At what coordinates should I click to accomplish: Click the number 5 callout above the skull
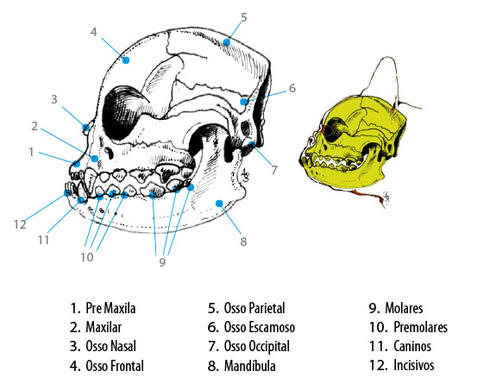coord(243,17)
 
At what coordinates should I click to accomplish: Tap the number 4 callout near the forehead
coord(93,32)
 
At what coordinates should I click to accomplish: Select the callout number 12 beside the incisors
coord(20,224)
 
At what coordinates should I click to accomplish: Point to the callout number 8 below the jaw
coord(243,242)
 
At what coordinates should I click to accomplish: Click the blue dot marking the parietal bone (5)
coord(227,42)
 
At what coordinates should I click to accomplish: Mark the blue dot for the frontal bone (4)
coord(126,60)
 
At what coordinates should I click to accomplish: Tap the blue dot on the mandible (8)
coord(219,204)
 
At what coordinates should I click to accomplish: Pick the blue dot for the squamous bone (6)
coord(243,102)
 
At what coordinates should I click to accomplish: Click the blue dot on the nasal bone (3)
coord(86,128)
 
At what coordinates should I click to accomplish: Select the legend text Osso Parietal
coord(254,308)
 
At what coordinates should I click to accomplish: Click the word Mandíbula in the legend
coord(249,366)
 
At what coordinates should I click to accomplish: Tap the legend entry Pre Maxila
coord(110,308)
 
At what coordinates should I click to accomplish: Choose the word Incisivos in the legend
coord(414,365)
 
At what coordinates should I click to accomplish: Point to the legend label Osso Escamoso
coord(260,327)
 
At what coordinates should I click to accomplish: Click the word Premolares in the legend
coord(420,327)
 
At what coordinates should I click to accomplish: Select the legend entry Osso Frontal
coord(115,366)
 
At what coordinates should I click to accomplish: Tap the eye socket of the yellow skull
coord(336,129)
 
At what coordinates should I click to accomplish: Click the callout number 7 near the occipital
coord(274,170)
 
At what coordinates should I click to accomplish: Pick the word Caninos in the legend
coord(412,346)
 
